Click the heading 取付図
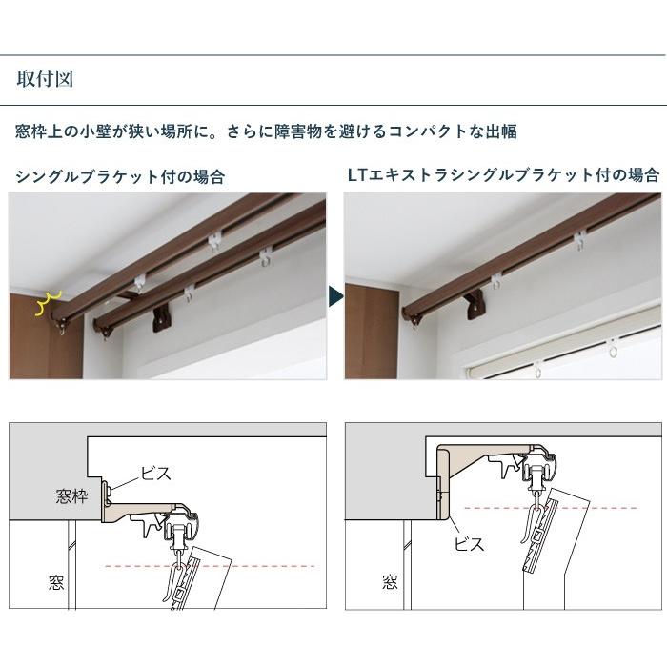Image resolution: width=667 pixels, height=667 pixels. point(45,78)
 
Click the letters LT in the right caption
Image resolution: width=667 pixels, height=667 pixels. point(354,175)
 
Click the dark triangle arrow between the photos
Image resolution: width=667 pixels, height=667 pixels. point(335,295)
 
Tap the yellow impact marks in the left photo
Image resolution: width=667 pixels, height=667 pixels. point(43,302)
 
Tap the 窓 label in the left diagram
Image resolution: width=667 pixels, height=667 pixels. point(55,581)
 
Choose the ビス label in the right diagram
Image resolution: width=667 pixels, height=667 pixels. point(470,544)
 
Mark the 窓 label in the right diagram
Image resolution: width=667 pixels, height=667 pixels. point(390,581)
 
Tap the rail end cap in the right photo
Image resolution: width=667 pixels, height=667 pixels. point(416,318)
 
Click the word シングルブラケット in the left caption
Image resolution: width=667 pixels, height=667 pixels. point(87,176)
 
